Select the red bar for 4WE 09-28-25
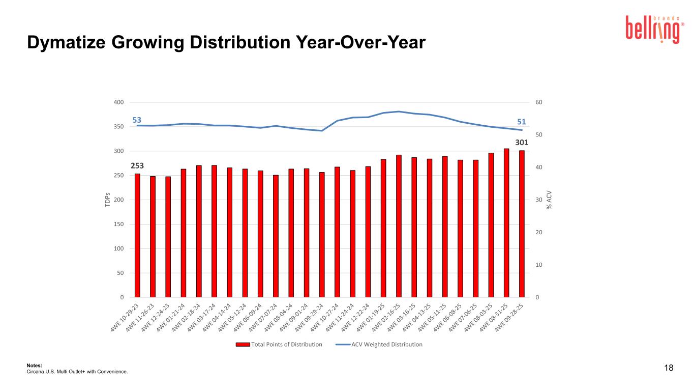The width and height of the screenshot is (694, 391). tap(522, 224)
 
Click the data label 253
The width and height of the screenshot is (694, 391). tap(137, 166)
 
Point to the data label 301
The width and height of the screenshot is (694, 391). tap(522, 143)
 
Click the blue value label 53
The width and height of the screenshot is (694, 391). tap(137, 120)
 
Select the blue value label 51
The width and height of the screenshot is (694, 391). tap(522, 122)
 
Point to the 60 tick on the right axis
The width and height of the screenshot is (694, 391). tap(539, 102)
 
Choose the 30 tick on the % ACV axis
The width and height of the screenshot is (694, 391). tap(539, 200)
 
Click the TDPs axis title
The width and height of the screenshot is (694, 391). tap(107, 200)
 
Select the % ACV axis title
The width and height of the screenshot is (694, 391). tap(549, 200)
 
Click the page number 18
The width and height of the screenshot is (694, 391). tap(669, 368)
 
